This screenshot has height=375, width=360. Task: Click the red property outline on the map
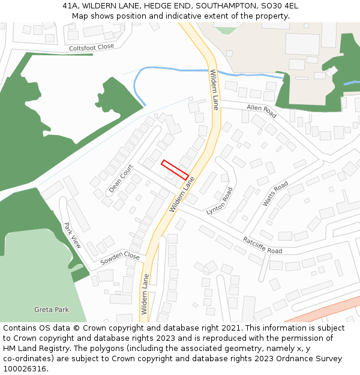[175, 169]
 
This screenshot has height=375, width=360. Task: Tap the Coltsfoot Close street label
[91, 47]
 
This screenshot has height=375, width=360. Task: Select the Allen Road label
[262, 110]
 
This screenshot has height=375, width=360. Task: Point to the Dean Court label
[121, 179]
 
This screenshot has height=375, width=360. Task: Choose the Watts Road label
[275, 193]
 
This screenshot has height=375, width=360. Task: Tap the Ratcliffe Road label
[262, 245]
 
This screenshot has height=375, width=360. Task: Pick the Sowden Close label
[120, 258]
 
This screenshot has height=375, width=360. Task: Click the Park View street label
[73, 235]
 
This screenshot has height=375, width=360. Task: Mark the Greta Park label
[52, 310]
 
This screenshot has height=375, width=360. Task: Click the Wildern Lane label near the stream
[214, 90]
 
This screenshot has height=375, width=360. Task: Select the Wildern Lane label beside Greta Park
[145, 294]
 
